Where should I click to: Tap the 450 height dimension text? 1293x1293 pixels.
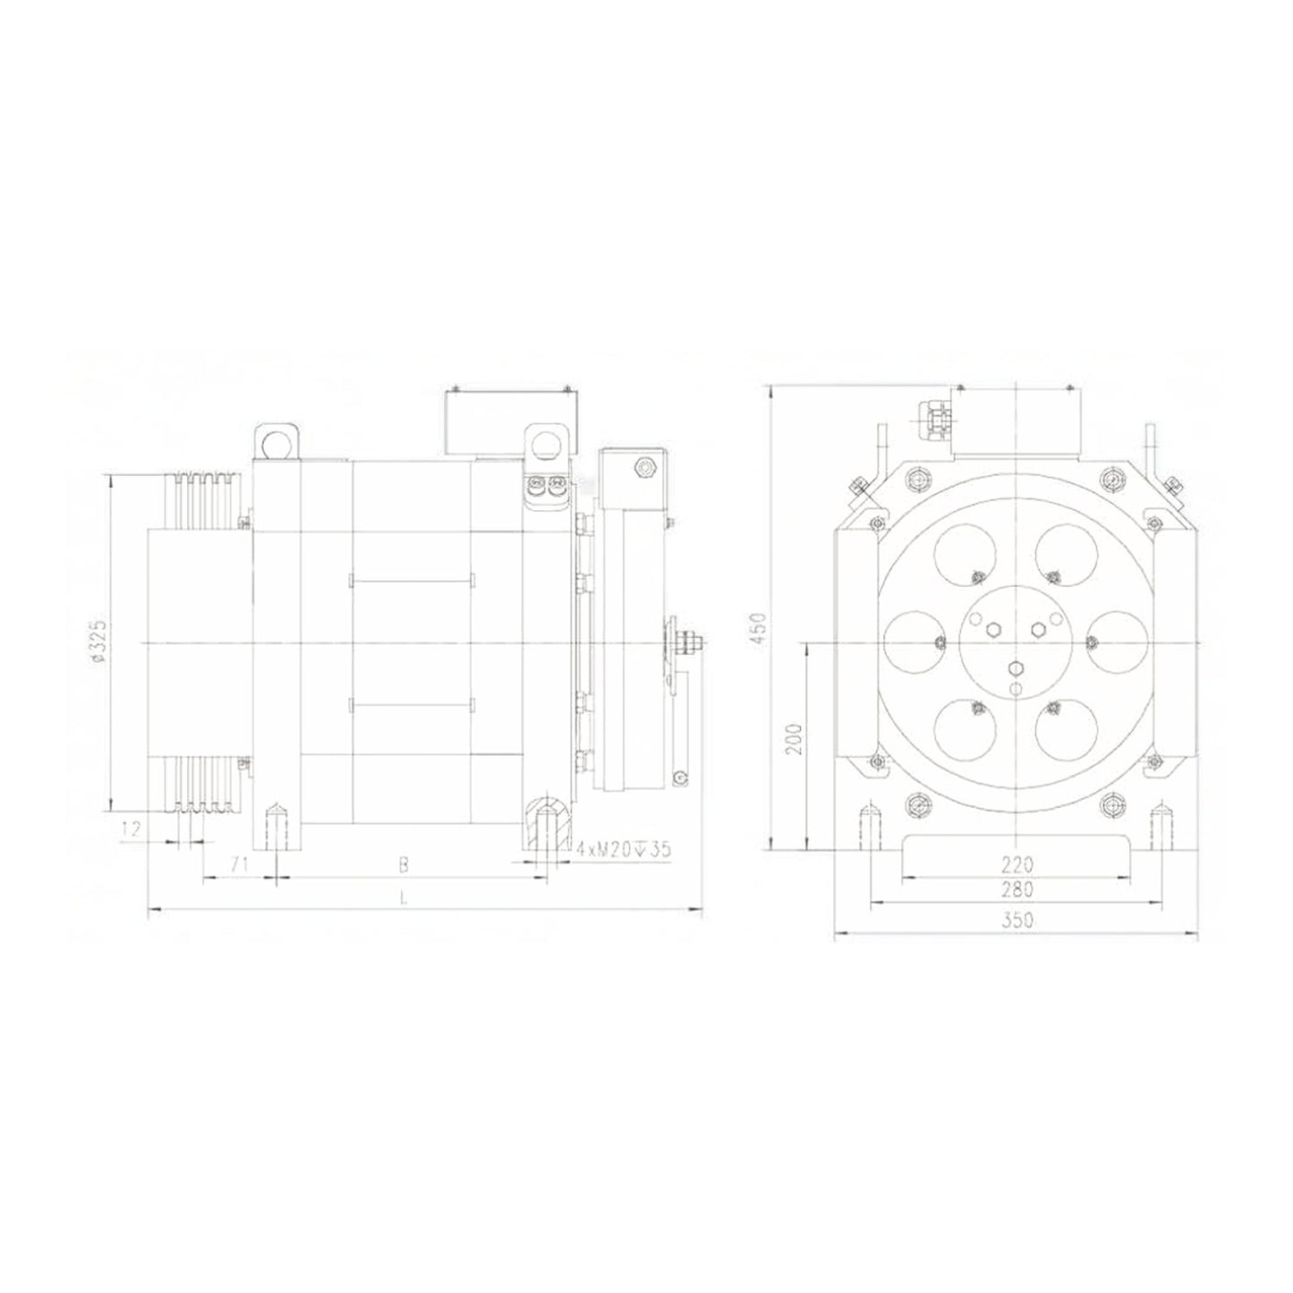760,623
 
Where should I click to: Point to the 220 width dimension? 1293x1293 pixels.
1017,864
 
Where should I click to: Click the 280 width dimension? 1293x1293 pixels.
1017,890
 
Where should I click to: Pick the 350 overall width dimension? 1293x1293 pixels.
1017,919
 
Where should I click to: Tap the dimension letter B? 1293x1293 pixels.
404,864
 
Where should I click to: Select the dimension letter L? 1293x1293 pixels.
404,898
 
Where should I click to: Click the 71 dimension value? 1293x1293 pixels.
238,864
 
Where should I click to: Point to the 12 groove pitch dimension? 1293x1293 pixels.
131,829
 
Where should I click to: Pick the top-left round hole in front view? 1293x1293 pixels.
965,557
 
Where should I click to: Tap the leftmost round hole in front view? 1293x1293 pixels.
915,642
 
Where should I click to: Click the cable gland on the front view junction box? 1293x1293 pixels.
935,417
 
